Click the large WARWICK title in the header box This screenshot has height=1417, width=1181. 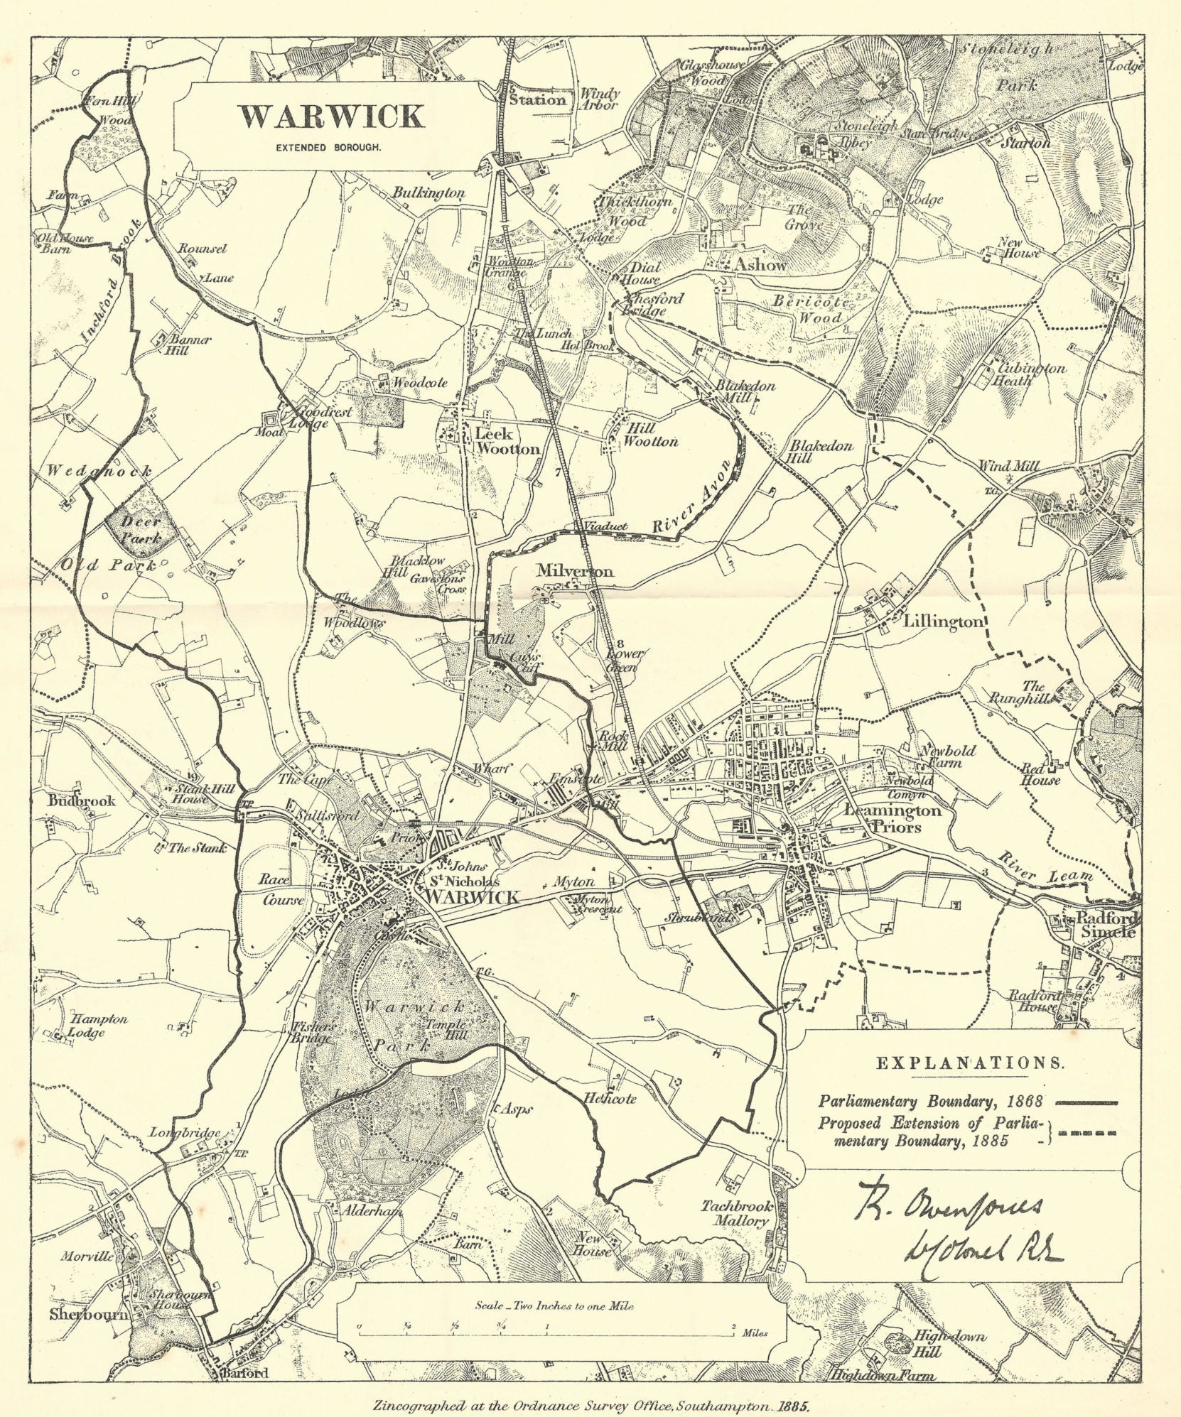[332, 116]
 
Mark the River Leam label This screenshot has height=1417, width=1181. [1045, 869]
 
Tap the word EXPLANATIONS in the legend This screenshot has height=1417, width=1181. [970, 1063]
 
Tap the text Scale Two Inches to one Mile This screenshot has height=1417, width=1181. [551, 1305]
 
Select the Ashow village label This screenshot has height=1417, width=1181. [761, 264]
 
